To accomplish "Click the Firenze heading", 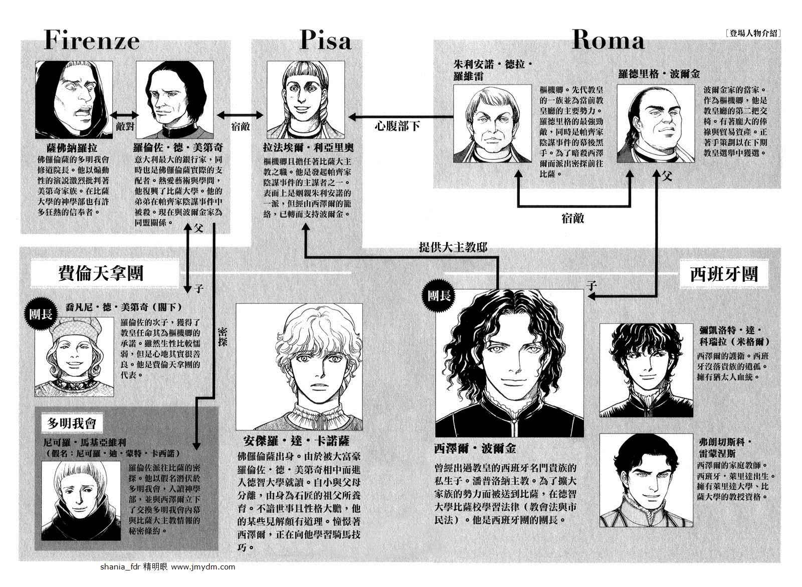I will [92, 41].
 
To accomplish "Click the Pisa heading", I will [325, 40].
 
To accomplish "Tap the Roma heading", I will [608, 40].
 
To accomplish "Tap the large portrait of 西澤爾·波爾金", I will [509, 363].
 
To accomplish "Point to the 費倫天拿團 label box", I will [101, 274].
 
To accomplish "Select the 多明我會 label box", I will [71, 424].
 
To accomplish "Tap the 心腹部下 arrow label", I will [397, 126].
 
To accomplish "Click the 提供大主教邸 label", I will [453, 248].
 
